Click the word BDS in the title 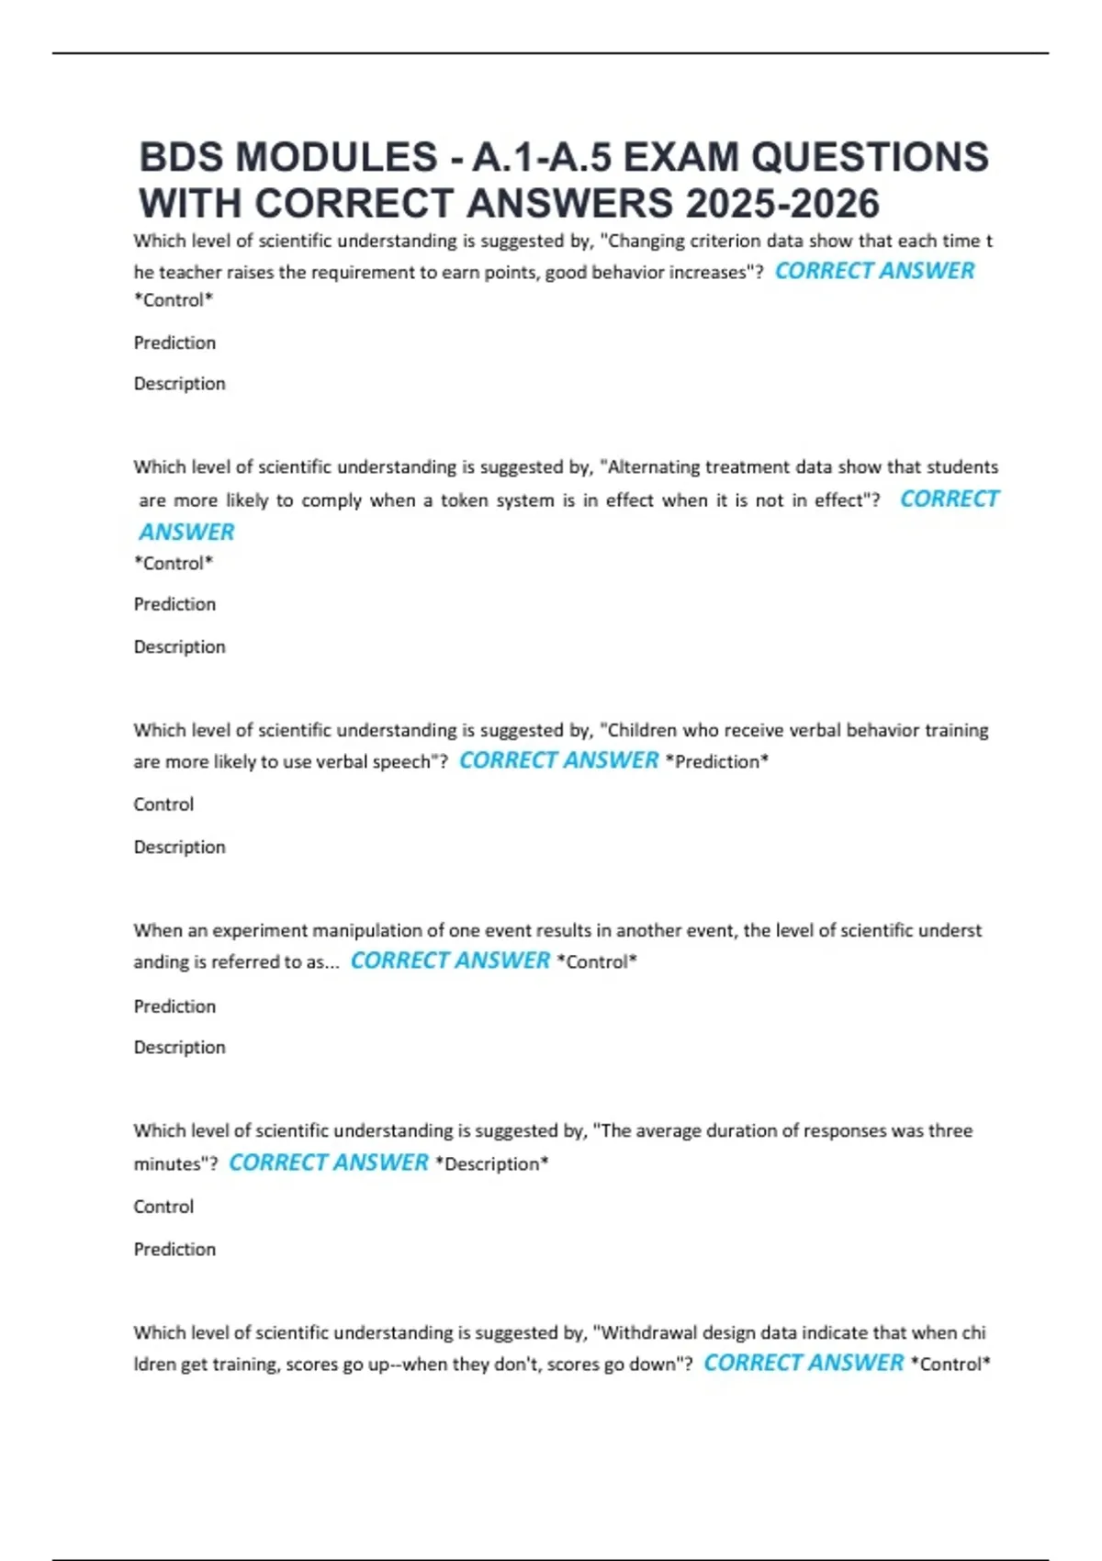point(180,157)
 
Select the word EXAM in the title point(680,157)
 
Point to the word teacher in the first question point(187,272)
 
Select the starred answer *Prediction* point(716,761)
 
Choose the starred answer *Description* point(491,1163)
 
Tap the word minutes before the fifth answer point(170,1163)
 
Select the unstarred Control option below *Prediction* point(163,804)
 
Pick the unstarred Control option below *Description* point(163,1207)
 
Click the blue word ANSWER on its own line point(186,532)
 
